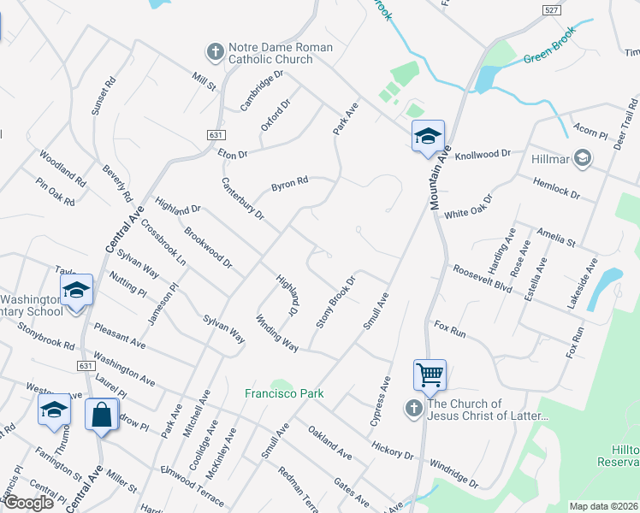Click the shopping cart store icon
[430, 374]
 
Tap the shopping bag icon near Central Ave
[102, 415]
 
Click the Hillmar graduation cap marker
[583, 157]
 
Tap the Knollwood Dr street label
[482, 155]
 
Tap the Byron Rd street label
[289, 184]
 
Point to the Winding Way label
[277, 333]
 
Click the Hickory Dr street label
[393, 448]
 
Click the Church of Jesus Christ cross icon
[413, 410]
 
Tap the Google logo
[27, 503]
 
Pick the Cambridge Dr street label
[261, 91]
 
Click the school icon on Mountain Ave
[428, 137]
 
